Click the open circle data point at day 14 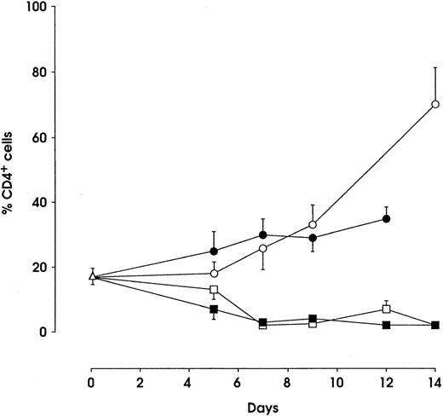tap(435, 104)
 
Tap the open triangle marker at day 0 tap(92, 276)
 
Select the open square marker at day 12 tap(387, 309)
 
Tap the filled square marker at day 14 tap(435, 326)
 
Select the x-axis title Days tap(262, 407)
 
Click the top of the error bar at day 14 tap(435, 67)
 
